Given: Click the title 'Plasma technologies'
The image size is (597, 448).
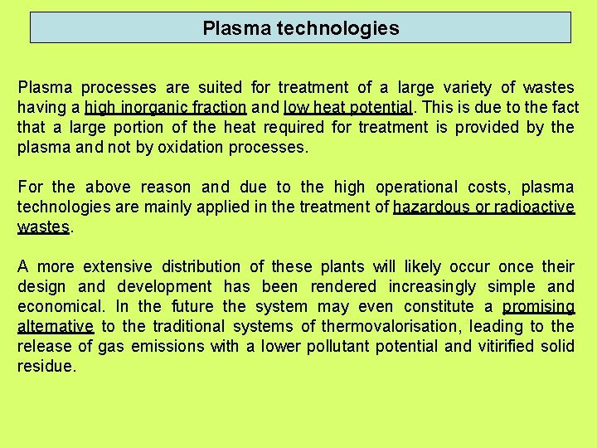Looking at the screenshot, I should pyautogui.click(x=300, y=28).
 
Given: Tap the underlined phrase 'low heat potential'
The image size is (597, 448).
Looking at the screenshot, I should pyautogui.click(x=347, y=107).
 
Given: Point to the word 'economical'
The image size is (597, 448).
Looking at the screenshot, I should pyautogui.click(x=61, y=307).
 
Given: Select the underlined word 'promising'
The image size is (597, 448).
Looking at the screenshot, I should pyautogui.click(x=537, y=307).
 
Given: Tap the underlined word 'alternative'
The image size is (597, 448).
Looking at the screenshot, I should pyautogui.click(x=55, y=327).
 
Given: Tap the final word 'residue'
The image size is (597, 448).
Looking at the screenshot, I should pyautogui.click(x=45, y=367).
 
